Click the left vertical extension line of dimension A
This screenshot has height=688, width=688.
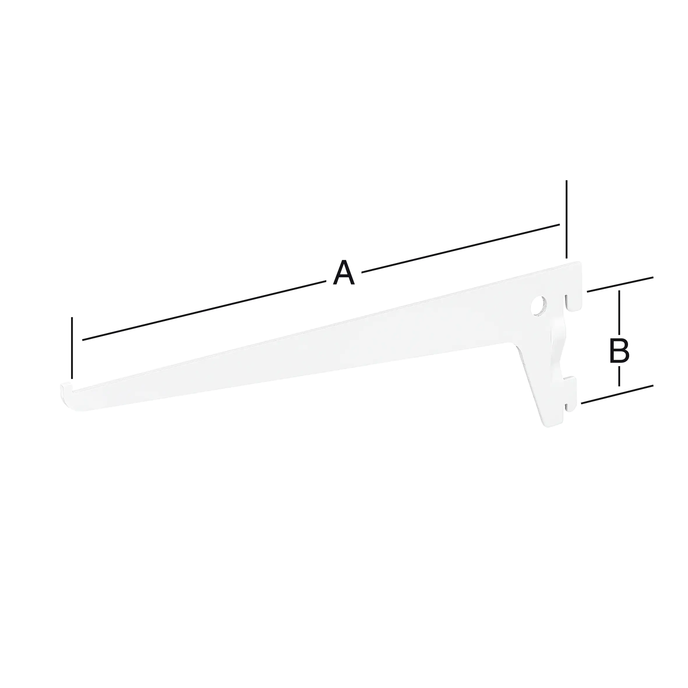[x=72, y=347]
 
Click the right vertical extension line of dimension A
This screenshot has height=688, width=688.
[x=567, y=219]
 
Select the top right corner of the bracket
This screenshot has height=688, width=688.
[x=580, y=264]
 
